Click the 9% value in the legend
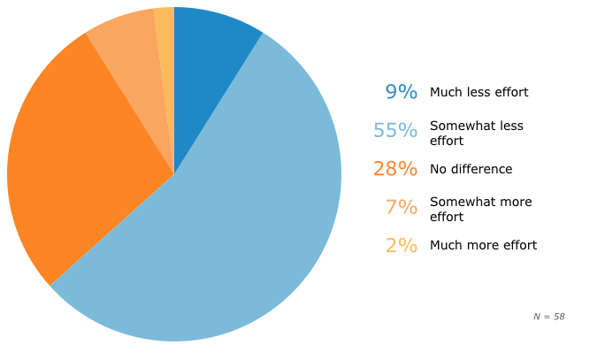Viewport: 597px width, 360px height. [401, 92]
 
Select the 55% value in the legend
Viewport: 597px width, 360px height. [394, 130]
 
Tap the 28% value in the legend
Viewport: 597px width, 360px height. [394, 169]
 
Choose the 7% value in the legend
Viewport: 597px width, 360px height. [401, 207]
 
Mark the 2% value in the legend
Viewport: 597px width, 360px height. [401, 246]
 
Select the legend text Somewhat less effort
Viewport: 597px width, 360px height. [477, 133]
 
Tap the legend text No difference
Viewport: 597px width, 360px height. [471, 169]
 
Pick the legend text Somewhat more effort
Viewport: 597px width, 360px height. [480, 209]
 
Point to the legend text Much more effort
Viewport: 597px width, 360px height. [483, 245]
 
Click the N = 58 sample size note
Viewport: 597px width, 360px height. [548, 317]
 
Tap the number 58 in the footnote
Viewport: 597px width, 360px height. [558, 317]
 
